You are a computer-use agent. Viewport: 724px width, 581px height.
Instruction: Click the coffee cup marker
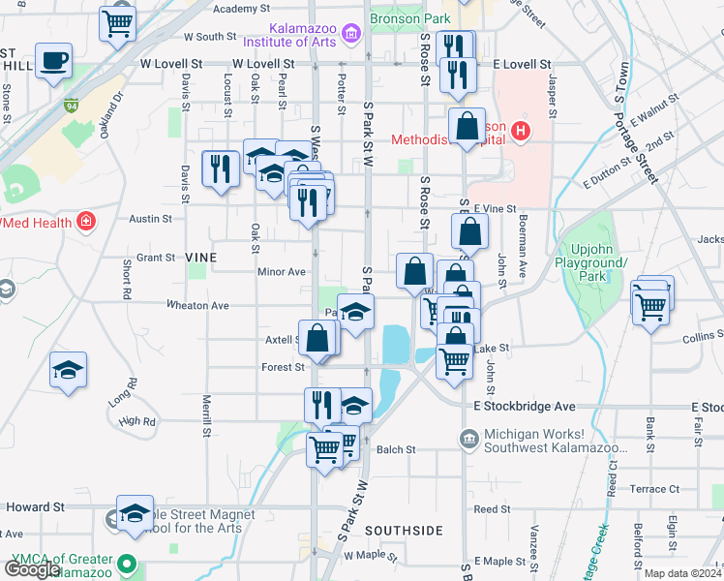pos(54,60)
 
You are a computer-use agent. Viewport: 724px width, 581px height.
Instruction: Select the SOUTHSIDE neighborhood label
pos(406,531)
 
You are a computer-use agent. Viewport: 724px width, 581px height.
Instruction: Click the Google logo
pos(31,569)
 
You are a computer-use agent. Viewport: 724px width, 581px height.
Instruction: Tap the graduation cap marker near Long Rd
pos(68,371)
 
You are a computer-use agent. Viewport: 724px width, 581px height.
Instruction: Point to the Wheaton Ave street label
pos(197,305)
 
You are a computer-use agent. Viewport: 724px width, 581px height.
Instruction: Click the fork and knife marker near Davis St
pos(221,168)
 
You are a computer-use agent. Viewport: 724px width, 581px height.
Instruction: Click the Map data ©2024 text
pos(682,573)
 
